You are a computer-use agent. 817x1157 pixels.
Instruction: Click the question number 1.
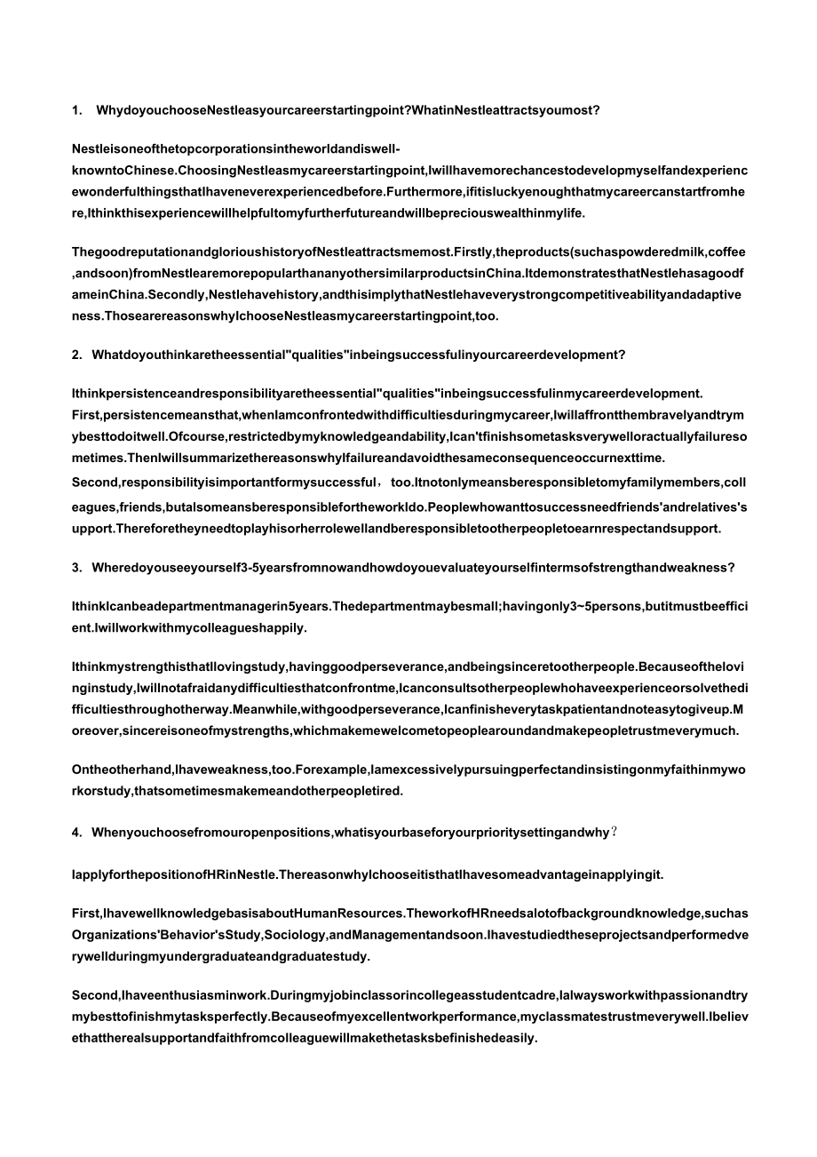pyautogui.click(x=75, y=111)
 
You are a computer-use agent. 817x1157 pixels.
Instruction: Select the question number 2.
pyautogui.click(x=75, y=355)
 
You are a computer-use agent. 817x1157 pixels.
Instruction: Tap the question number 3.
pyautogui.click(x=75, y=568)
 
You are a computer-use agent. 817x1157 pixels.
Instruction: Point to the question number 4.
pyautogui.click(x=75, y=833)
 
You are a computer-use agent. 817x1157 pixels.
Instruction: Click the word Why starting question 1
pyautogui.click(x=108, y=111)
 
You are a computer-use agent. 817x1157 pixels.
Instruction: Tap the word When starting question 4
pyautogui.click(x=111, y=833)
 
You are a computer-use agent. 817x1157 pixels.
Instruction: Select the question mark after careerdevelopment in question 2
pyautogui.click(x=622, y=355)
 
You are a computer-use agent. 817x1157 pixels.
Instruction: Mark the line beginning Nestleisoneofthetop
pyautogui.click(x=235, y=148)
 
